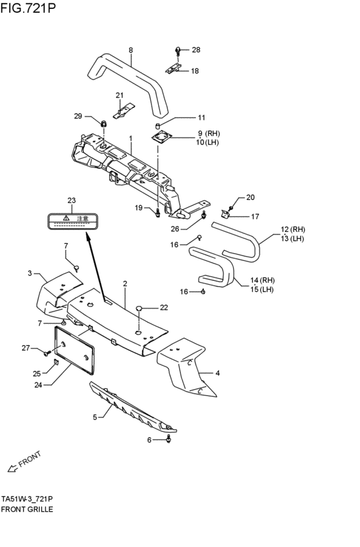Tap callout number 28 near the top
(x=196, y=49)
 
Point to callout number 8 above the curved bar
(x=130, y=49)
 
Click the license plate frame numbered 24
(x=74, y=350)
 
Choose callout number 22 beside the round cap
(x=164, y=307)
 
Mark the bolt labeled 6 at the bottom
(x=169, y=440)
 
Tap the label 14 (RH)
(x=263, y=280)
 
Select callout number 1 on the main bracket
(x=130, y=139)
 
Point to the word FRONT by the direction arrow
(x=30, y=458)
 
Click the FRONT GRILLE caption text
(x=27, y=508)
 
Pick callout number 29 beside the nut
(x=78, y=116)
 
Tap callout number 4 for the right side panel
(x=218, y=373)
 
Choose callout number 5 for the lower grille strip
(x=94, y=417)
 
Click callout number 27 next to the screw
(x=26, y=348)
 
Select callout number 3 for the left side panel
(x=30, y=274)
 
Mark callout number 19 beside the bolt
(x=138, y=207)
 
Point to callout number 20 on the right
(x=250, y=197)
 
